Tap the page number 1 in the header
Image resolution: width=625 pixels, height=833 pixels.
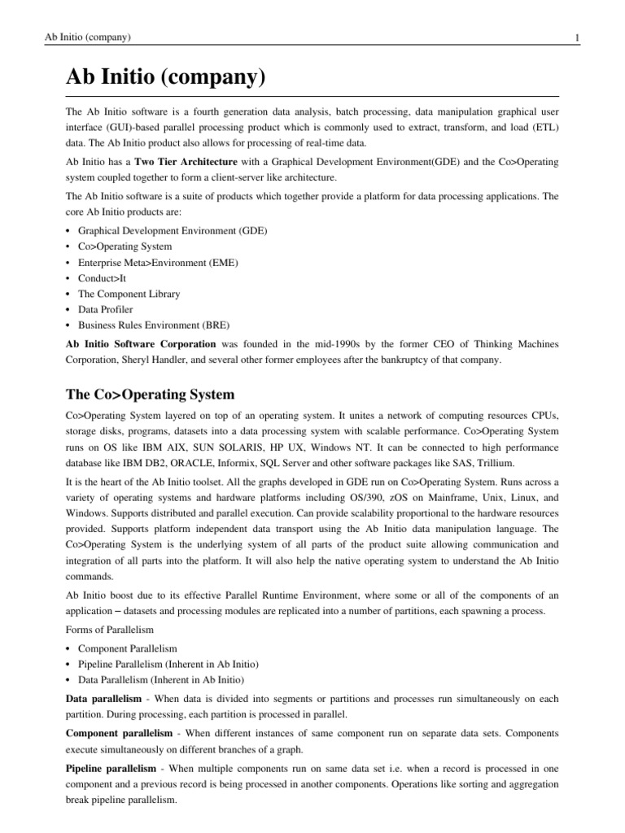pyautogui.click(x=576, y=37)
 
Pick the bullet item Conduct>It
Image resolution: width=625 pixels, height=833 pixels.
pyautogui.click(x=102, y=278)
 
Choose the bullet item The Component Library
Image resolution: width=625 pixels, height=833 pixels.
pyautogui.click(x=129, y=294)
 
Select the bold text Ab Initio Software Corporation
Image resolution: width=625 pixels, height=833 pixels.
pyautogui.click(x=141, y=344)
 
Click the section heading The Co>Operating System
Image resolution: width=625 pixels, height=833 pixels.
pyautogui.click(x=150, y=395)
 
